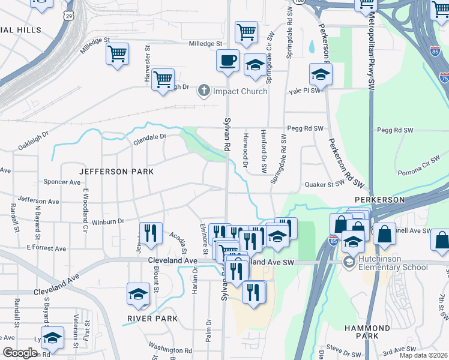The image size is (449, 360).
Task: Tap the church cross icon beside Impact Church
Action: point(204,91)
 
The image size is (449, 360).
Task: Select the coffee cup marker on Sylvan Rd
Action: point(228,61)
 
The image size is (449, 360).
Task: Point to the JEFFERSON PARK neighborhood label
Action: point(117,172)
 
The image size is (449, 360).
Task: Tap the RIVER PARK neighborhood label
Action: point(152,319)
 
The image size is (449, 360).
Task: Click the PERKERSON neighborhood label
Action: point(380,199)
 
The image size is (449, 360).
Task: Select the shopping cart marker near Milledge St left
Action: point(117,53)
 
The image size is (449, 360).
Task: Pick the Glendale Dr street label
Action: point(149,137)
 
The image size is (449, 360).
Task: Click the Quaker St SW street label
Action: point(324,185)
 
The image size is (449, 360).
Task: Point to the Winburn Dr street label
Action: point(108,221)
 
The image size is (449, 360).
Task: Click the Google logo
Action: point(20,353)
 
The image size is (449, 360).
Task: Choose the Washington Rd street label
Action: point(170,350)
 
